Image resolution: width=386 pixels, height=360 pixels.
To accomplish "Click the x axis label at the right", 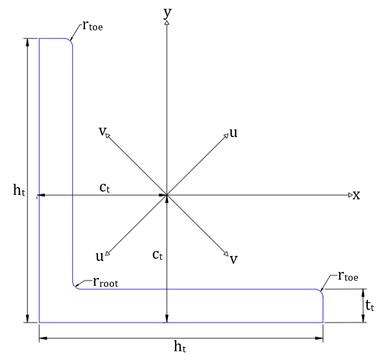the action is [356, 195].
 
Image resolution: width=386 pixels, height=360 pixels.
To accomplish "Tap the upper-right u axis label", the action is [233, 133].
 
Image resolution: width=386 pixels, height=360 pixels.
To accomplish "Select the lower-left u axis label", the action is [100, 257].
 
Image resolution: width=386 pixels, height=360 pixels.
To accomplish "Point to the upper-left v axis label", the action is [102, 132].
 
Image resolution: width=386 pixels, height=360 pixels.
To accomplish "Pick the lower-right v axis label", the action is [233, 259].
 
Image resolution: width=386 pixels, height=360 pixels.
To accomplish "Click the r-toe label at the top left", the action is [93, 25].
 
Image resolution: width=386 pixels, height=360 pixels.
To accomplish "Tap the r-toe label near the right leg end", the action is [348, 276].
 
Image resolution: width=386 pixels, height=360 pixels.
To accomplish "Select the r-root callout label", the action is [106, 282].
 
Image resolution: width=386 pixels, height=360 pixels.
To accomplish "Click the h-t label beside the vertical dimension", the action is [19, 190].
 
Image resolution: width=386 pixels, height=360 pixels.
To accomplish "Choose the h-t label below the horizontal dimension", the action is [180, 346].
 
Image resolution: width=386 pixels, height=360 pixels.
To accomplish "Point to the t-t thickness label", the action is [369, 306].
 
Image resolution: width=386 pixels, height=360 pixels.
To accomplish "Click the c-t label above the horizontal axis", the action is [105, 188].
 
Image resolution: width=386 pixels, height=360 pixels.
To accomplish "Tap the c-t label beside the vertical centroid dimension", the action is [157, 255].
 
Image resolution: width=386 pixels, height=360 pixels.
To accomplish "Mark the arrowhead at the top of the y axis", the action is [167, 23].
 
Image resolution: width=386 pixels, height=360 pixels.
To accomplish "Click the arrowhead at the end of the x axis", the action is [351, 195].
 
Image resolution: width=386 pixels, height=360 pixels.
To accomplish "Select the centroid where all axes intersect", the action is [167, 195].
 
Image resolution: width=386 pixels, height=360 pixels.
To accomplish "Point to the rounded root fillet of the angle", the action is [74, 287].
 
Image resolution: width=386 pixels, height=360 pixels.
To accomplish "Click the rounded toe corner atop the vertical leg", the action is [70, 41].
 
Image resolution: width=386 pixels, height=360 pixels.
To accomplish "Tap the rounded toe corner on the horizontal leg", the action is [321, 291].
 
